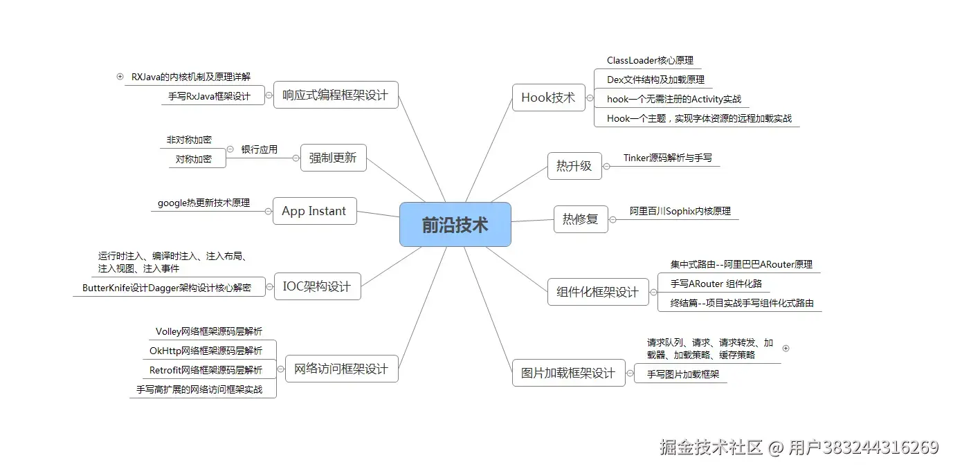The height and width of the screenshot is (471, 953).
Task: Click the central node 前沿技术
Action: (x=455, y=225)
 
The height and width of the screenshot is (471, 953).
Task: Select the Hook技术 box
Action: (x=548, y=98)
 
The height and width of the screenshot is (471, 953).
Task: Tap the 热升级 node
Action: (x=574, y=166)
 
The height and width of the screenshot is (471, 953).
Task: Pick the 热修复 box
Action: (x=580, y=219)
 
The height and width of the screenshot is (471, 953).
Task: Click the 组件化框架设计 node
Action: (x=597, y=292)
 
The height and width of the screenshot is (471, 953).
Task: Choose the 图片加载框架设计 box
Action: (x=568, y=373)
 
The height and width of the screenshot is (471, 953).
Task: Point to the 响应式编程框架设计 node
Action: (x=336, y=95)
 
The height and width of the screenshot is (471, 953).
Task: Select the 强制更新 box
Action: (x=333, y=158)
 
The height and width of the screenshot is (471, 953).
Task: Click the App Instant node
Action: (x=314, y=211)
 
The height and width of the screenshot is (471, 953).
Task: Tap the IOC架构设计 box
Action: (x=317, y=286)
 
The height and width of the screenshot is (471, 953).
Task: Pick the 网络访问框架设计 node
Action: (x=341, y=369)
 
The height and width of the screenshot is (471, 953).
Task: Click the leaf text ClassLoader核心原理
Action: (x=650, y=61)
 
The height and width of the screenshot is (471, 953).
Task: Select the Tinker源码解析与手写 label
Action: (x=667, y=158)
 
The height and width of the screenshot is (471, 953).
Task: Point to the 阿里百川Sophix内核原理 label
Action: (x=680, y=211)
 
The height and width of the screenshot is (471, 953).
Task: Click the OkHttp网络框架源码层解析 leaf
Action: (x=206, y=351)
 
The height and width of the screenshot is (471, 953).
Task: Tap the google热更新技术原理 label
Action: (x=203, y=203)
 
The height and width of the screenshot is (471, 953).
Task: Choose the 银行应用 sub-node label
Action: (x=259, y=149)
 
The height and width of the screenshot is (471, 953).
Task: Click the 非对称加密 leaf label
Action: (x=189, y=140)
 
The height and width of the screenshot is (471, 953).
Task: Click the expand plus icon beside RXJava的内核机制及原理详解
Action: (x=120, y=76)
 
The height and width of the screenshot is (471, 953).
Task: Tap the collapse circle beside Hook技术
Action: (x=590, y=98)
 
